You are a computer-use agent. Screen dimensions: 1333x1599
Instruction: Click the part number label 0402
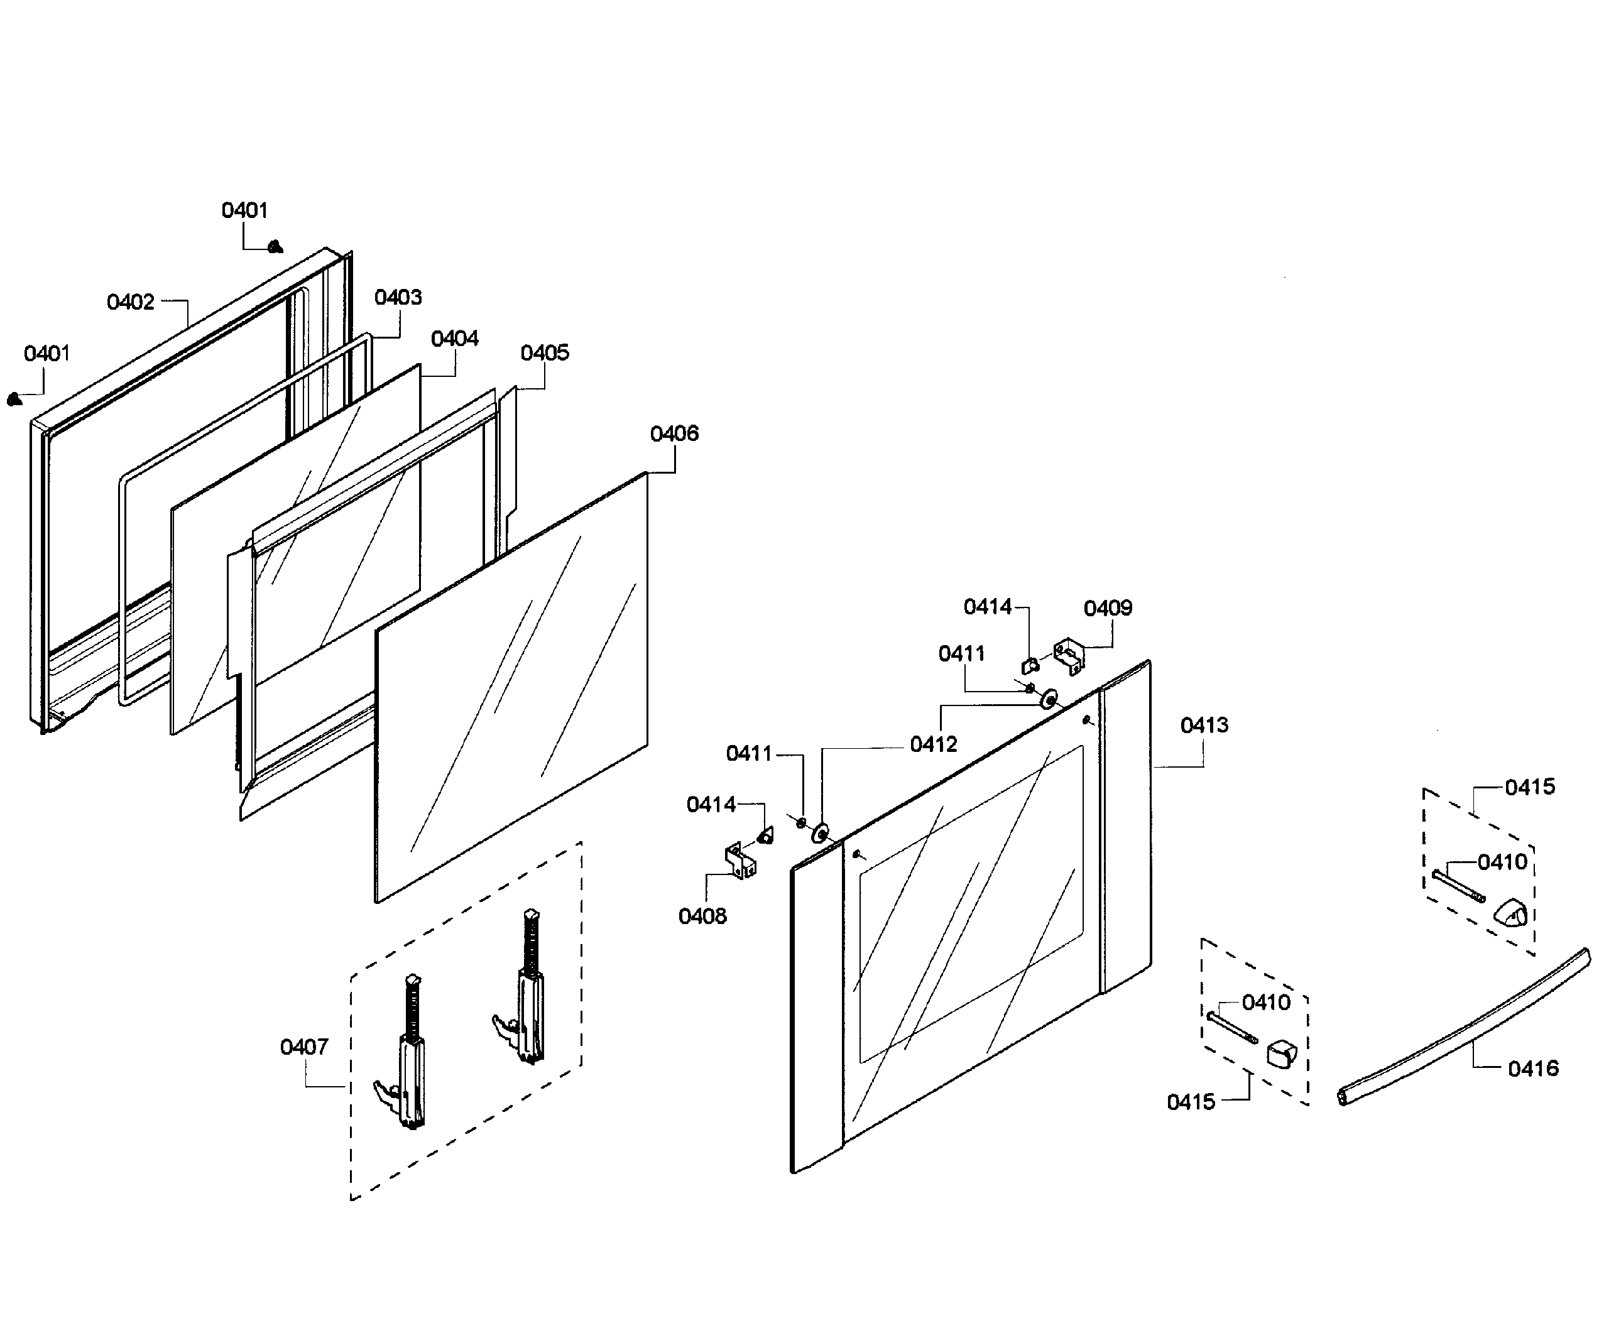click(x=130, y=302)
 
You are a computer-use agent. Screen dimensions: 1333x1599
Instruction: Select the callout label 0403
click(x=398, y=297)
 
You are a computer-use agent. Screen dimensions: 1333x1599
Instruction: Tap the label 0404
click(x=455, y=338)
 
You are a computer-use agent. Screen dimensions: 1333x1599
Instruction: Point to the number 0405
click(x=545, y=352)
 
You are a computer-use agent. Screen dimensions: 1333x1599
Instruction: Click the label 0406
click(x=674, y=433)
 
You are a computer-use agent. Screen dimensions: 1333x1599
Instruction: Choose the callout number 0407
click(x=304, y=1047)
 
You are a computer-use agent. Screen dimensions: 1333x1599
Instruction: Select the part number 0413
click(x=1204, y=725)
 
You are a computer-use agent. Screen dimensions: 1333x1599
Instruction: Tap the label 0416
click(x=1533, y=1068)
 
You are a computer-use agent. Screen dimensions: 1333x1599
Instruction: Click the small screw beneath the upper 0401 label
click(x=276, y=247)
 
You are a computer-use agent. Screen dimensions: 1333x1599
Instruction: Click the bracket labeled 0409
click(x=1069, y=655)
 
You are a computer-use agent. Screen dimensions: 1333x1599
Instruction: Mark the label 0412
click(x=934, y=744)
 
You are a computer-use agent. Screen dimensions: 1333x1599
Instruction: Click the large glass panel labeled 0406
click(x=510, y=685)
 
